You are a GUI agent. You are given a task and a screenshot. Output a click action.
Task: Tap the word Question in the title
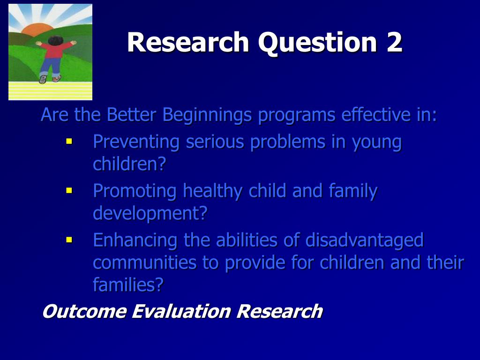317,43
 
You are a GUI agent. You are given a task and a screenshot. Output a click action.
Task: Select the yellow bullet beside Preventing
69,141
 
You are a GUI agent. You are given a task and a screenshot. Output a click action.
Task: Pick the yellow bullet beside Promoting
69,190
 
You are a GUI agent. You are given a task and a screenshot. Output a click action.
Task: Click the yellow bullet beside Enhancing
69,240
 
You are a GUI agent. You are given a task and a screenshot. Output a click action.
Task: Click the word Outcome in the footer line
84,311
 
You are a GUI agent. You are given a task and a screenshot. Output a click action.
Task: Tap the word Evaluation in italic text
181,311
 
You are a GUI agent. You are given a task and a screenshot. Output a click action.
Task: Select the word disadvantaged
364,240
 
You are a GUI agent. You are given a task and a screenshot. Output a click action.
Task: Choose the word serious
215,142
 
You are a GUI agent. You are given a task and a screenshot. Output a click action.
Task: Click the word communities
144,262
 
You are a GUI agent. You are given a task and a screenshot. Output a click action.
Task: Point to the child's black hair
55,40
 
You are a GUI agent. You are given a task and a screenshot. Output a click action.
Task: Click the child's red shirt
55,50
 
